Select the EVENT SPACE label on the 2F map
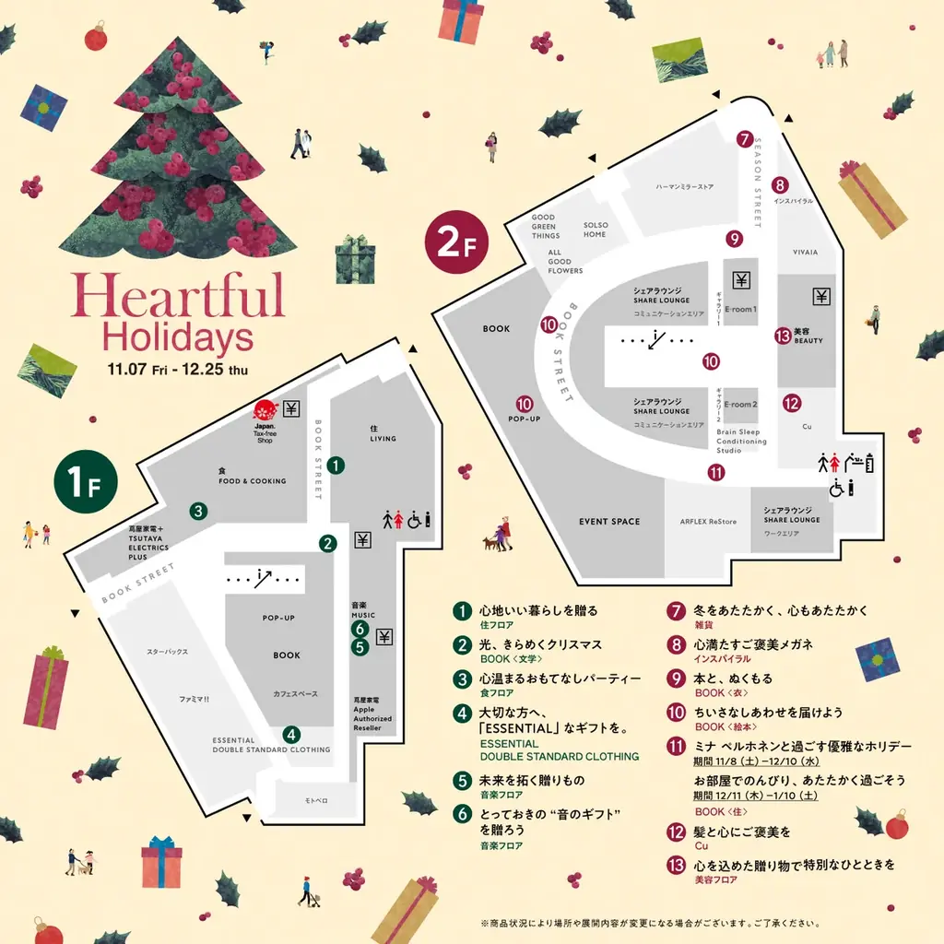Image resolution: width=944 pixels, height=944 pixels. tap(609, 522)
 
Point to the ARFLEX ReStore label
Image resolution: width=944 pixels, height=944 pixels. tap(708, 522)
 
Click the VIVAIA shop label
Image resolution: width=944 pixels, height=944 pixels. tap(806, 252)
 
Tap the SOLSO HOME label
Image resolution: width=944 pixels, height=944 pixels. tap(596, 230)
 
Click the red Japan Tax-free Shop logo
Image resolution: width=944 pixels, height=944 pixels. tap(265, 408)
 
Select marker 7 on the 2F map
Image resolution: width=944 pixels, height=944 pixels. tap(745, 139)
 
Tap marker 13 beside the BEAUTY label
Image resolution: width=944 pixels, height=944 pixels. tap(783, 336)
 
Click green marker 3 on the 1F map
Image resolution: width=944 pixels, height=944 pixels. tap(197, 510)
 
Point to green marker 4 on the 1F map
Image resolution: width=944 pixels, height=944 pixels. tap(291, 735)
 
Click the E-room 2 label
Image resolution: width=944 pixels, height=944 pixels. tap(741, 406)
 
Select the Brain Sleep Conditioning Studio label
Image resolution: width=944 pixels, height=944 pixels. tap(741, 441)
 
